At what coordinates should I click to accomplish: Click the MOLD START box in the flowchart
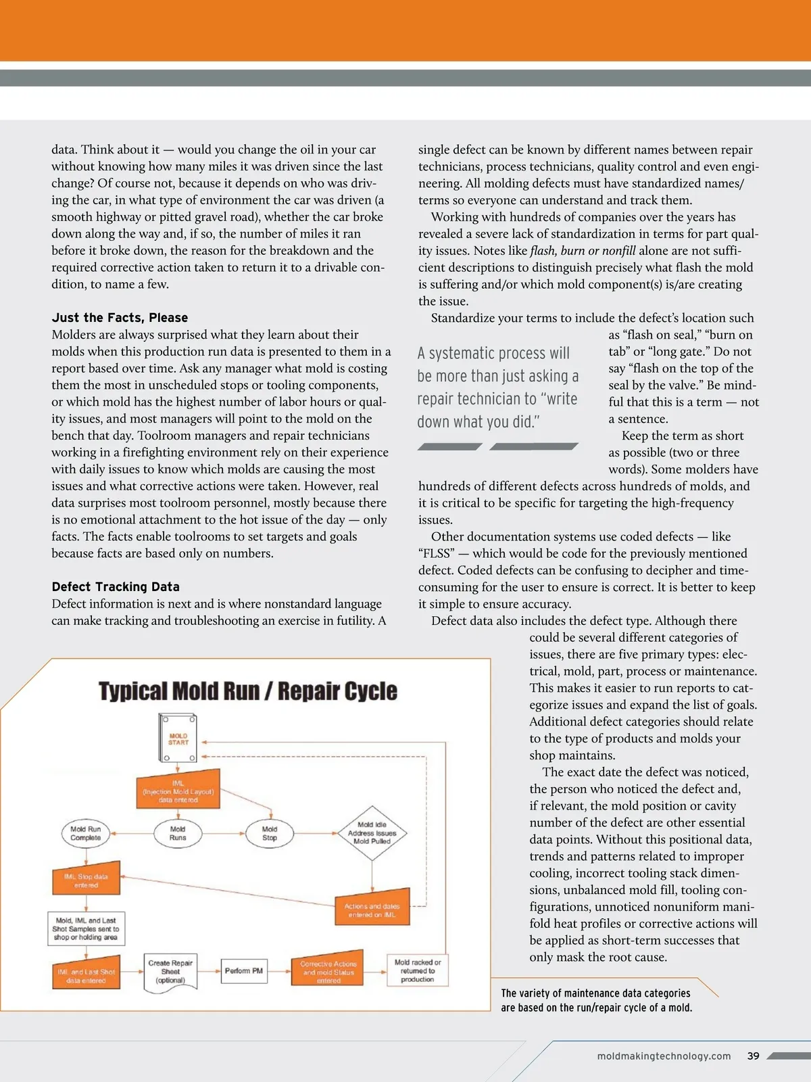[178, 738]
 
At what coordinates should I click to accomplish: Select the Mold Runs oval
[178, 833]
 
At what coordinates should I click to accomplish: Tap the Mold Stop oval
[270, 833]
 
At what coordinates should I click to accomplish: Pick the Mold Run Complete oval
[86, 833]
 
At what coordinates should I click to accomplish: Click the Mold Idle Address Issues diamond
[372, 833]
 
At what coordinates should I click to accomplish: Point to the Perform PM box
[243, 971]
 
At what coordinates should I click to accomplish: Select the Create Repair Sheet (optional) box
[170, 972]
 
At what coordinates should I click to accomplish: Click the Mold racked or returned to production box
[418, 970]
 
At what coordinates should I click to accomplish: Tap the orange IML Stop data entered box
[87, 880]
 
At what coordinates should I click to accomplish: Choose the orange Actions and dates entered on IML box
[372, 910]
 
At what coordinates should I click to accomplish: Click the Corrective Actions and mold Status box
[328, 972]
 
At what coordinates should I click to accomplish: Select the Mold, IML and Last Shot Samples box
[86, 929]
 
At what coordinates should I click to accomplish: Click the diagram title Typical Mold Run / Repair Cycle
[248, 691]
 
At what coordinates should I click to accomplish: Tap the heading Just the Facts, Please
[120, 318]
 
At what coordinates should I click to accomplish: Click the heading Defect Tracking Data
[116, 587]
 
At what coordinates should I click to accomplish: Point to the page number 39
[754, 1056]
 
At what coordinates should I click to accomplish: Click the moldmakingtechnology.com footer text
[664, 1056]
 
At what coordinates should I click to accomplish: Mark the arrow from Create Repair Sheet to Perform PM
[209, 971]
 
